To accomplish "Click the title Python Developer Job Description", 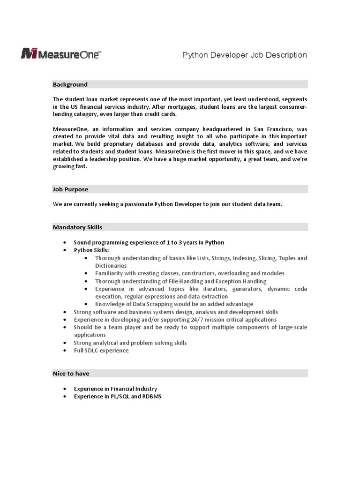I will [244, 55].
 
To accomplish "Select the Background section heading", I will [70, 84].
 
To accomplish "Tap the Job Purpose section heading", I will [70, 189].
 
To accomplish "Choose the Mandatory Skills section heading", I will [77, 227].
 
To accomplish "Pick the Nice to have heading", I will [71, 374].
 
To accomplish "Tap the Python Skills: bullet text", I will [91, 250].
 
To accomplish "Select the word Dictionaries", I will [111, 265].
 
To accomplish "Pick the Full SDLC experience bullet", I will [101, 350].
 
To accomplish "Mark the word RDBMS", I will [152, 397].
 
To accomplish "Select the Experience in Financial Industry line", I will [115, 389].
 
